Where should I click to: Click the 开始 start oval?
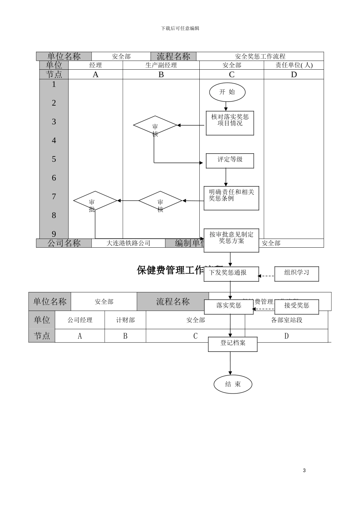tap(227, 92)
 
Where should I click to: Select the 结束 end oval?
tap(233, 384)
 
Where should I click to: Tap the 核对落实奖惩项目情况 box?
tap(230, 123)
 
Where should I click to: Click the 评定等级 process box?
tap(230, 161)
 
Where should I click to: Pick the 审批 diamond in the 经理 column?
tap(95, 201)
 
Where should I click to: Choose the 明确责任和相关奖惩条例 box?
tap(231, 198)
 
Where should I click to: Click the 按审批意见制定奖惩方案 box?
tap(231, 240)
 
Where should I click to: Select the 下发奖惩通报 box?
tap(231, 274)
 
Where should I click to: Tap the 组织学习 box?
tap(297, 273)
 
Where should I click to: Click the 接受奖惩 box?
tap(297, 306)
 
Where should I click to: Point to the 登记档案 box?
tap(233, 344)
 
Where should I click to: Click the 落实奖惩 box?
tap(229, 306)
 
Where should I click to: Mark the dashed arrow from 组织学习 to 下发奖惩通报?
tap(267, 276)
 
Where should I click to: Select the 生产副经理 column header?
tap(161, 65)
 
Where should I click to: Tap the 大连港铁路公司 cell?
tap(128, 243)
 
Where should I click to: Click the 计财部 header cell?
tap(125, 320)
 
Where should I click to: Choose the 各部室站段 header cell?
tap(286, 320)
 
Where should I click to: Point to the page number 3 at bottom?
tap(304, 470)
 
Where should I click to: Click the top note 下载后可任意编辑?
tap(180, 28)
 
